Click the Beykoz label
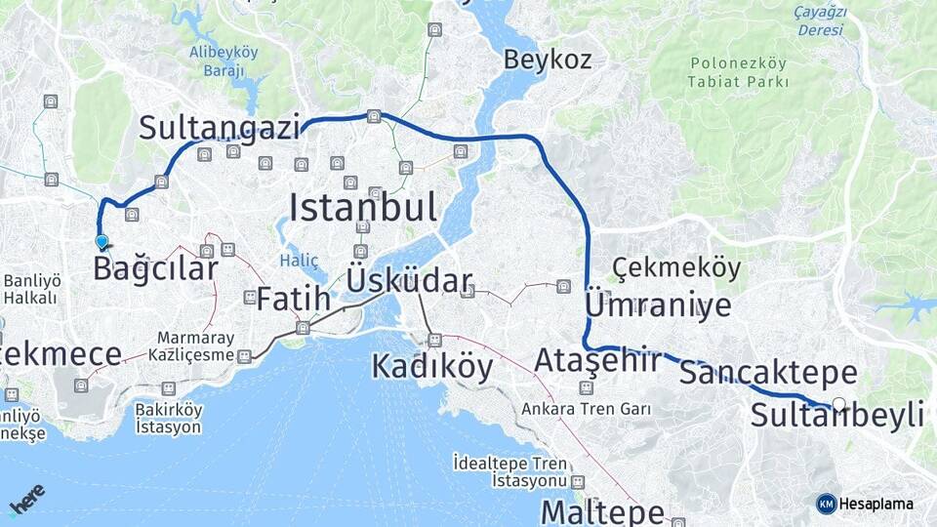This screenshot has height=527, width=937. (x=547, y=60)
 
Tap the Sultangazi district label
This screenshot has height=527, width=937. (x=219, y=127)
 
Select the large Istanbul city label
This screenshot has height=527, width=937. (x=362, y=207)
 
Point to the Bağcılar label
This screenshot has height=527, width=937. (x=155, y=267)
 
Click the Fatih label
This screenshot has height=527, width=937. (x=293, y=300)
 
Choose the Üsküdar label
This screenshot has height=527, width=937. (x=409, y=282)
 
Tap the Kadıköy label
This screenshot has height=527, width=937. (x=432, y=366)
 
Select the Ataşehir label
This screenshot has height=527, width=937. (x=597, y=361)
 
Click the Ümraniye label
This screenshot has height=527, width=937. (x=657, y=305)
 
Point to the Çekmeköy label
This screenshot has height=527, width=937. (x=676, y=267)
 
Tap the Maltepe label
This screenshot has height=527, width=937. (x=602, y=511)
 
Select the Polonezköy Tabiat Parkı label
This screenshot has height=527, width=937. (x=738, y=72)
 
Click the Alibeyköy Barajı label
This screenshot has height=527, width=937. (x=224, y=61)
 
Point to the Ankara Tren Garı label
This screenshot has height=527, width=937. (x=586, y=409)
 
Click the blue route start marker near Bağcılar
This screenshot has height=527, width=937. (x=102, y=241)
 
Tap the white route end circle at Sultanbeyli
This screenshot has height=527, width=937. (x=838, y=403)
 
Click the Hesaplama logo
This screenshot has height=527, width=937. (x=865, y=504)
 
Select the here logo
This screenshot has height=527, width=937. (x=27, y=499)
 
